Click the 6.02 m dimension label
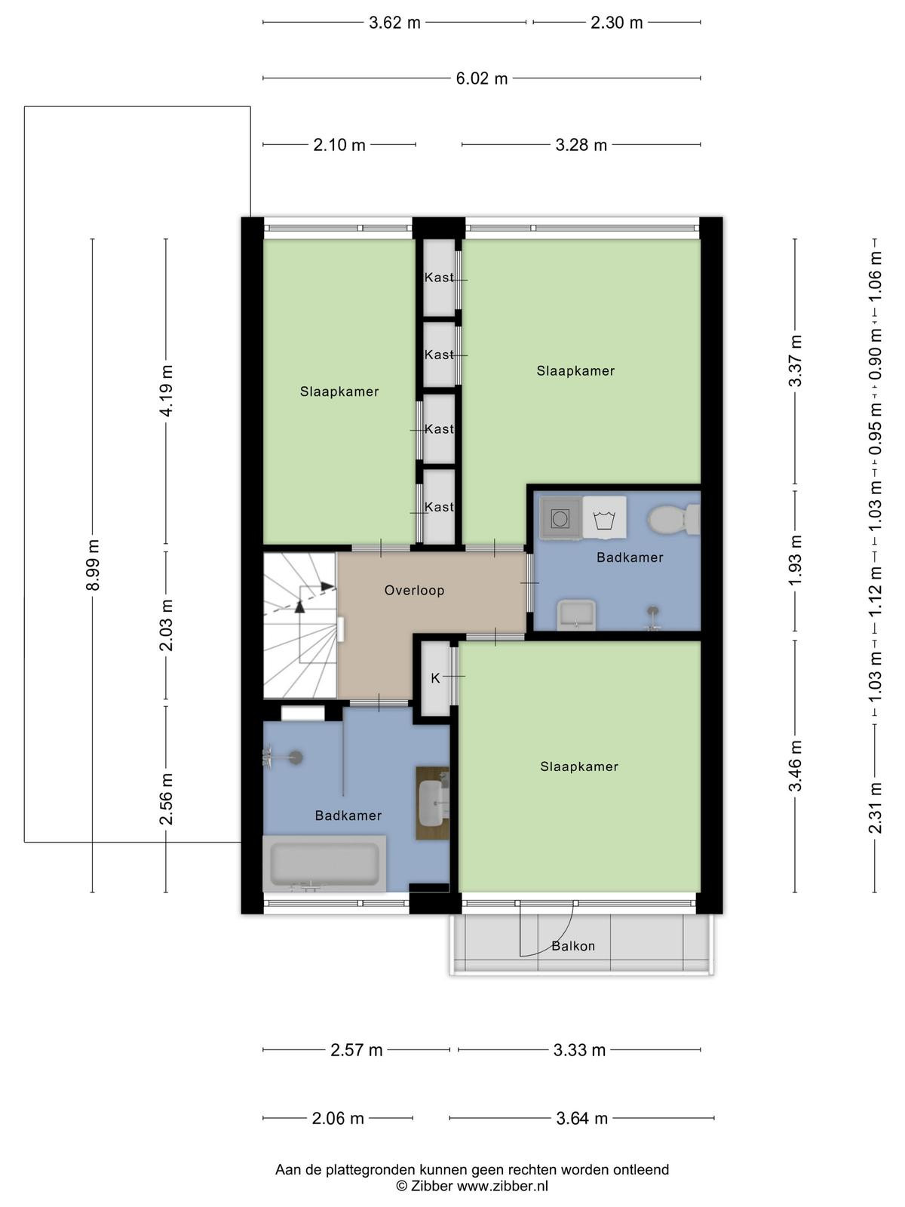point(481,78)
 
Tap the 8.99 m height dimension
point(93,565)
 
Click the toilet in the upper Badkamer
point(673,519)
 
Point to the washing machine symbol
point(604,517)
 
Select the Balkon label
point(573,946)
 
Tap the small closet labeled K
point(435,678)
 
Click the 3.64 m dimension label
point(582,1118)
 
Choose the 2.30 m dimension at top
point(616,23)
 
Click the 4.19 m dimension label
point(167,391)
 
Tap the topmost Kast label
point(439,277)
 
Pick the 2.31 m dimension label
point(875,808)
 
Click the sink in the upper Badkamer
point(576,615)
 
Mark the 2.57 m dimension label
point(356,1050)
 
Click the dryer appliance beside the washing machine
point(560,518)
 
